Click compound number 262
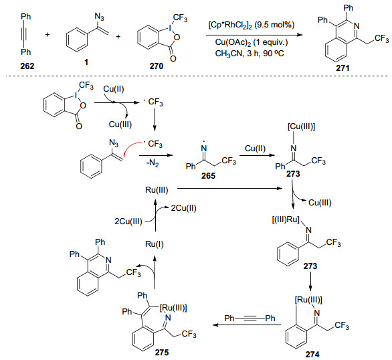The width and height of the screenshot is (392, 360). (x=27, y=66)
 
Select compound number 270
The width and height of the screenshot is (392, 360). (x=157, y=66)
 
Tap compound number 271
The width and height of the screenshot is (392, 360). (x=342, y=68)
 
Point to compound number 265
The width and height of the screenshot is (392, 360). (x=208, y=176)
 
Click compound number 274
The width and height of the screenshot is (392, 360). (x=312, y=354)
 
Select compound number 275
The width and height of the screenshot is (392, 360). (x=162, y=352)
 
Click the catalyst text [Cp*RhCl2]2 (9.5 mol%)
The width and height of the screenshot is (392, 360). (x=252, y=25)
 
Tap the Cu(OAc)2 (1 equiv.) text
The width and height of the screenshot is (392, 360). (x=252, y=42)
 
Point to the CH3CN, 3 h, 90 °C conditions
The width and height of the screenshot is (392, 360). (x=250, y=54)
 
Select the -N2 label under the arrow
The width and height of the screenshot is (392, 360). (x=153, y=164)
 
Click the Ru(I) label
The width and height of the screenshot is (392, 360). (x=155, y=244)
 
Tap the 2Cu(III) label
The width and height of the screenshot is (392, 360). (x=128, y=221)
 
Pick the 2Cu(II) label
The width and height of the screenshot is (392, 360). (x=184, y=208)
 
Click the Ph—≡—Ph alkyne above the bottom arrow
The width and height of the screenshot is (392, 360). (x=250, y=319)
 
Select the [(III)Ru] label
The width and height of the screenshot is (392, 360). (x=286, y=219)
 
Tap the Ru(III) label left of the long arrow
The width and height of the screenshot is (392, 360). (x=157, y=190)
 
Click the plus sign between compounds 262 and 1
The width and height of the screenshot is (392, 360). (x=47, y=35)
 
